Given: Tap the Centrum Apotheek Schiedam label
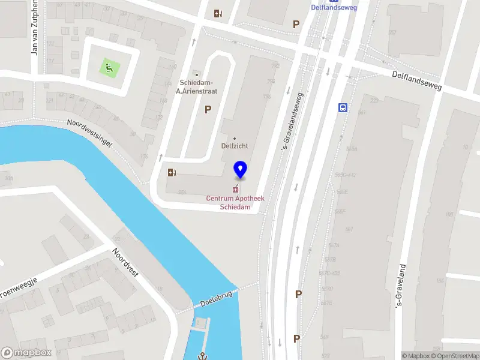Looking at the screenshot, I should (235, 202).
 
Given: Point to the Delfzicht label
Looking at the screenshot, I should (235, 145).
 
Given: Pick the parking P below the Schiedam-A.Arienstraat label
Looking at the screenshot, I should (208, 109).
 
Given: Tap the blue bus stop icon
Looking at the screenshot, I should (343, 108).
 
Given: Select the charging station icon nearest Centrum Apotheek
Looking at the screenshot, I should (172, 173).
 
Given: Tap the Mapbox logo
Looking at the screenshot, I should (26, 353).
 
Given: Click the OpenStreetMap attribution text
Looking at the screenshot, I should (451, 356).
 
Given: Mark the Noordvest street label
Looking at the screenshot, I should (126, 263).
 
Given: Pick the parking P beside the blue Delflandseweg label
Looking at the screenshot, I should (295, 24).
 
